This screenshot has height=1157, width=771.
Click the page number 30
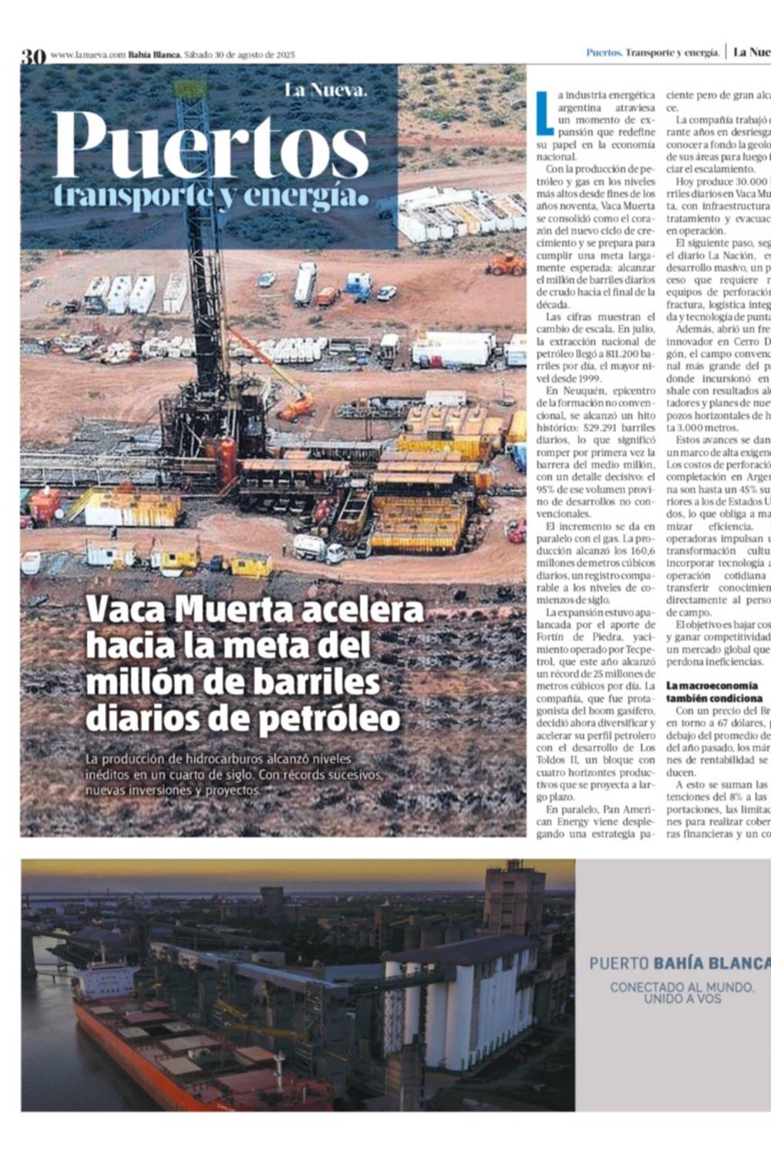(33, 56)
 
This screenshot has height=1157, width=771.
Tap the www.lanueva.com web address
(87, 55)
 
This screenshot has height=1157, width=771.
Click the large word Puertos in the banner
(210, 147)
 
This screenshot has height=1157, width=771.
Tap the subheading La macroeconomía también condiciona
(712, 692)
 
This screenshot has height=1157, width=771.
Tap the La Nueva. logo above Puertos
(326, 89)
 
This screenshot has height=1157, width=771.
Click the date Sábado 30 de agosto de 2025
(234, 55)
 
